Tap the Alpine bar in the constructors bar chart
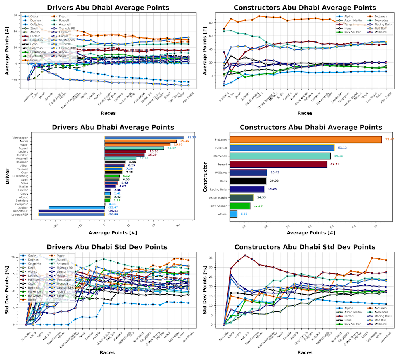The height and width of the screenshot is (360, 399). [x=233, y=214]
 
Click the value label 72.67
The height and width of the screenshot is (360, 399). [x=389, y=140]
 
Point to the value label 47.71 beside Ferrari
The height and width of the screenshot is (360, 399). [x=334, y=164]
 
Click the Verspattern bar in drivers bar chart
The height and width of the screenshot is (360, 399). [x=144, y=137]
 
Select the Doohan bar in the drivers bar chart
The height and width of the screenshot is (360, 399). [x=77, y=207]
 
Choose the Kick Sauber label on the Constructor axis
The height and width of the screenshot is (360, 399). [x=219, y=206]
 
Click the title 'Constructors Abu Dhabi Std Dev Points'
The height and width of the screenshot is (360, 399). [x=304, y=247]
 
